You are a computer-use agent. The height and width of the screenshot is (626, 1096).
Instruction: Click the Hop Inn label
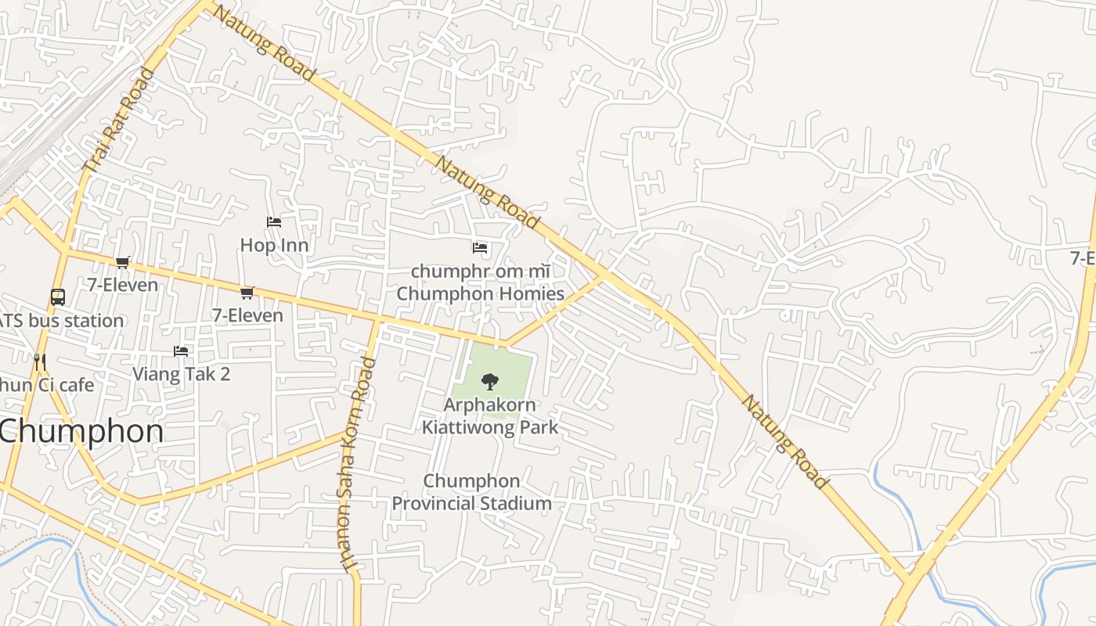tap(274, 245)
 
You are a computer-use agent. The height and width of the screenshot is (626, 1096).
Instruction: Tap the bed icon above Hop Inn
tap(273, 222)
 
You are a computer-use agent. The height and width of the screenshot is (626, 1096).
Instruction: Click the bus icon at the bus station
tap(58, 297)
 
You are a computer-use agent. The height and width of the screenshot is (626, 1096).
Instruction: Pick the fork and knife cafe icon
tap(40, 362)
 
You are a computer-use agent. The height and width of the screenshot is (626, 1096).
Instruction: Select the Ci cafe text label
tap(47, 385)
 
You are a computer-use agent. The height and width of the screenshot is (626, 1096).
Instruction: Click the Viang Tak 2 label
tap(181, 374)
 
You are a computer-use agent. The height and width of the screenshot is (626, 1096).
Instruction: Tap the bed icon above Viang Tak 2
tap(181, 351)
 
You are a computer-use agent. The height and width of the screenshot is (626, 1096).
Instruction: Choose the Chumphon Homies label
tap(480, 293)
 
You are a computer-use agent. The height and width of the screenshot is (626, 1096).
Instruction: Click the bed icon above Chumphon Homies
tap(480, 248)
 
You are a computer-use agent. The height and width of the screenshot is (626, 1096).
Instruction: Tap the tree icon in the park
tap(490, 382)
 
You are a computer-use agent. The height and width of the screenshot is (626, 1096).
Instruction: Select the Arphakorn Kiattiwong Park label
tap(490, 416)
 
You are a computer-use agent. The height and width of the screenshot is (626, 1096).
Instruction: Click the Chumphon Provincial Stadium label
tap(471, 492)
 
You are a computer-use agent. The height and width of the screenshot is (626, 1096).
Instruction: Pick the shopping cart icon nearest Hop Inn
tap(247, 293)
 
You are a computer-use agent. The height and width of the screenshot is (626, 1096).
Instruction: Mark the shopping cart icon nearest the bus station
tap(122, 262)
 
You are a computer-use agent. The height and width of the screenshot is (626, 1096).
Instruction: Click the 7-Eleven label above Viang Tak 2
tap(247, 315)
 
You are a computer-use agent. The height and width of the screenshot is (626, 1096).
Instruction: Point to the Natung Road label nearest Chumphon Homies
tap(487, 192)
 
